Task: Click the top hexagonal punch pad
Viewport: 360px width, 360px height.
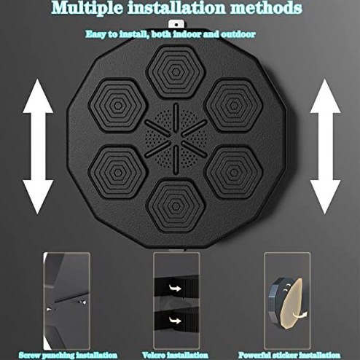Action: (176, 71)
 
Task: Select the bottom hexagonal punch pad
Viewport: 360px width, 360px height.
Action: (176, 206)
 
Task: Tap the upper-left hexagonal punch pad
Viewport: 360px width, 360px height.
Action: (117, 106)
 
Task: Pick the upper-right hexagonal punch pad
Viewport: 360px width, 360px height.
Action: (234, 106)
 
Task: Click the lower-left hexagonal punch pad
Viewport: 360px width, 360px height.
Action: (117, 173)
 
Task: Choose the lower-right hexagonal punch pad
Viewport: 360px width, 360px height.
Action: (234, 173)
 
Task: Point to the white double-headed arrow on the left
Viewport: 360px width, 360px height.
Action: (38, 146)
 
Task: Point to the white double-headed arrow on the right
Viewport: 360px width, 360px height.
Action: (325, 146)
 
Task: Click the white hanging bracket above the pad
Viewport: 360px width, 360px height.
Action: (176, 25)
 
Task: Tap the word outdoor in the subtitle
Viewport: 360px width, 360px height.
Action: (238, 34)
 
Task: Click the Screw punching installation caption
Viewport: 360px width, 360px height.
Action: (68, 355)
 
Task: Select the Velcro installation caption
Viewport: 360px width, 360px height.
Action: (175, 355)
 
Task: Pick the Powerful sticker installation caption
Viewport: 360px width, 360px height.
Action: (289, 355)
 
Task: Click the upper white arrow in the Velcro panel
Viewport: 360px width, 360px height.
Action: (176, 289)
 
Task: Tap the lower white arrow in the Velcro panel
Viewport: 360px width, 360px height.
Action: (176, 320)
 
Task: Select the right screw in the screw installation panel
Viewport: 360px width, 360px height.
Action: (82, 302)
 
